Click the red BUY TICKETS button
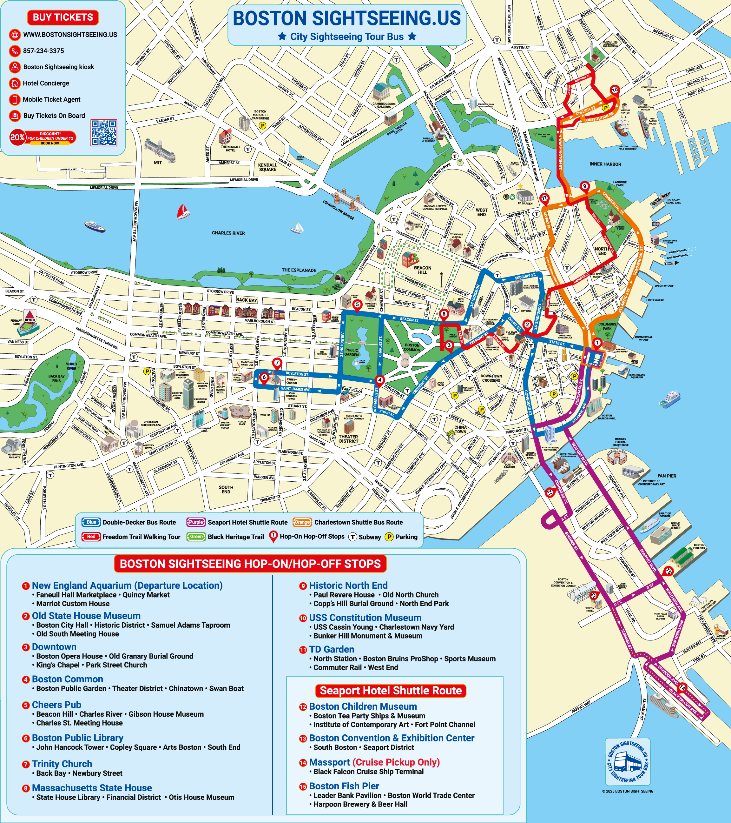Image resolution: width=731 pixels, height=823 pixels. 63,17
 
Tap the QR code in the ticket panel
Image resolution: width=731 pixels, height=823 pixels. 104,132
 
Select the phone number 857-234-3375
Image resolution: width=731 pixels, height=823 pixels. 43,51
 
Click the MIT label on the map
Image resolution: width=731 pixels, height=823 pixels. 158,163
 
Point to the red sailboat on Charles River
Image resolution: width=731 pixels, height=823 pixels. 183,211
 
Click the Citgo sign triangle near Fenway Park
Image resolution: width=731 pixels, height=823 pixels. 30,316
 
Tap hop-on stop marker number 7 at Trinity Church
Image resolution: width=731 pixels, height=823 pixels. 277,363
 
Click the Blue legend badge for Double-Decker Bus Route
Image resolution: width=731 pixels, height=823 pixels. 91,522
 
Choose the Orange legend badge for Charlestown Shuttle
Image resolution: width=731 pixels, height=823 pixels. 302,522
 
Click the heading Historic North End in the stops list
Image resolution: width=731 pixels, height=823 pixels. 348,585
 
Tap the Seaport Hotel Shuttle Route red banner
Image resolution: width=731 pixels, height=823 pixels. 391,691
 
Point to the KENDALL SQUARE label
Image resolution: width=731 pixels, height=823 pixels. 267,167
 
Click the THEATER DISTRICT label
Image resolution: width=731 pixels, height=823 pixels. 348,439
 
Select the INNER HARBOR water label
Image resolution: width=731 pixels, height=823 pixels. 605,164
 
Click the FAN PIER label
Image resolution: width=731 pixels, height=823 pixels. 667,476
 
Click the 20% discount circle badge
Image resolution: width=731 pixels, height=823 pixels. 17,137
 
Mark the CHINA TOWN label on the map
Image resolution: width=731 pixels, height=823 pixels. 460,429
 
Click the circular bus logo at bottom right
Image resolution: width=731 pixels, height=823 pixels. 628,761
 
